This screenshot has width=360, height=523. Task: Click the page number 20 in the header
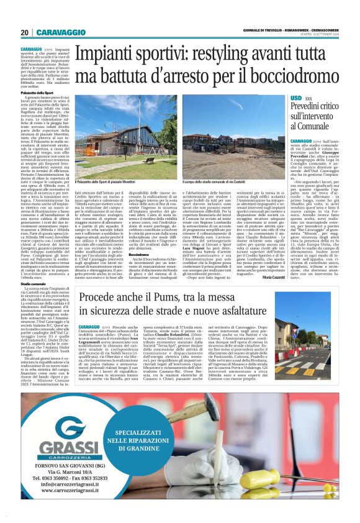pyautogui.click(x=25, y=32)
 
